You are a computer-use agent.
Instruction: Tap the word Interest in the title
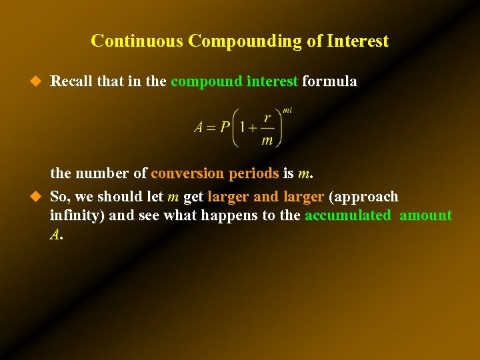[x=358, y=41]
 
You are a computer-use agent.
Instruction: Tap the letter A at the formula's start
[x=199, y=127]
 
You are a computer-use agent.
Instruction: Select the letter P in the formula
[x=226, y=127]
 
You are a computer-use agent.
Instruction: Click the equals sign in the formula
[x=211, y=127]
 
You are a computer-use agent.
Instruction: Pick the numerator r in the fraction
[x=267, y=118]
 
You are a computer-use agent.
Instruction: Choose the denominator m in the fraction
[x=267, y=140]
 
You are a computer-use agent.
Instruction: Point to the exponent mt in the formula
[x=287, y=110]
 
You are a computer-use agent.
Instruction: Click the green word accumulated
[x=347, y=215]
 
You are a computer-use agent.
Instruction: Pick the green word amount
[x=425, y=215]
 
